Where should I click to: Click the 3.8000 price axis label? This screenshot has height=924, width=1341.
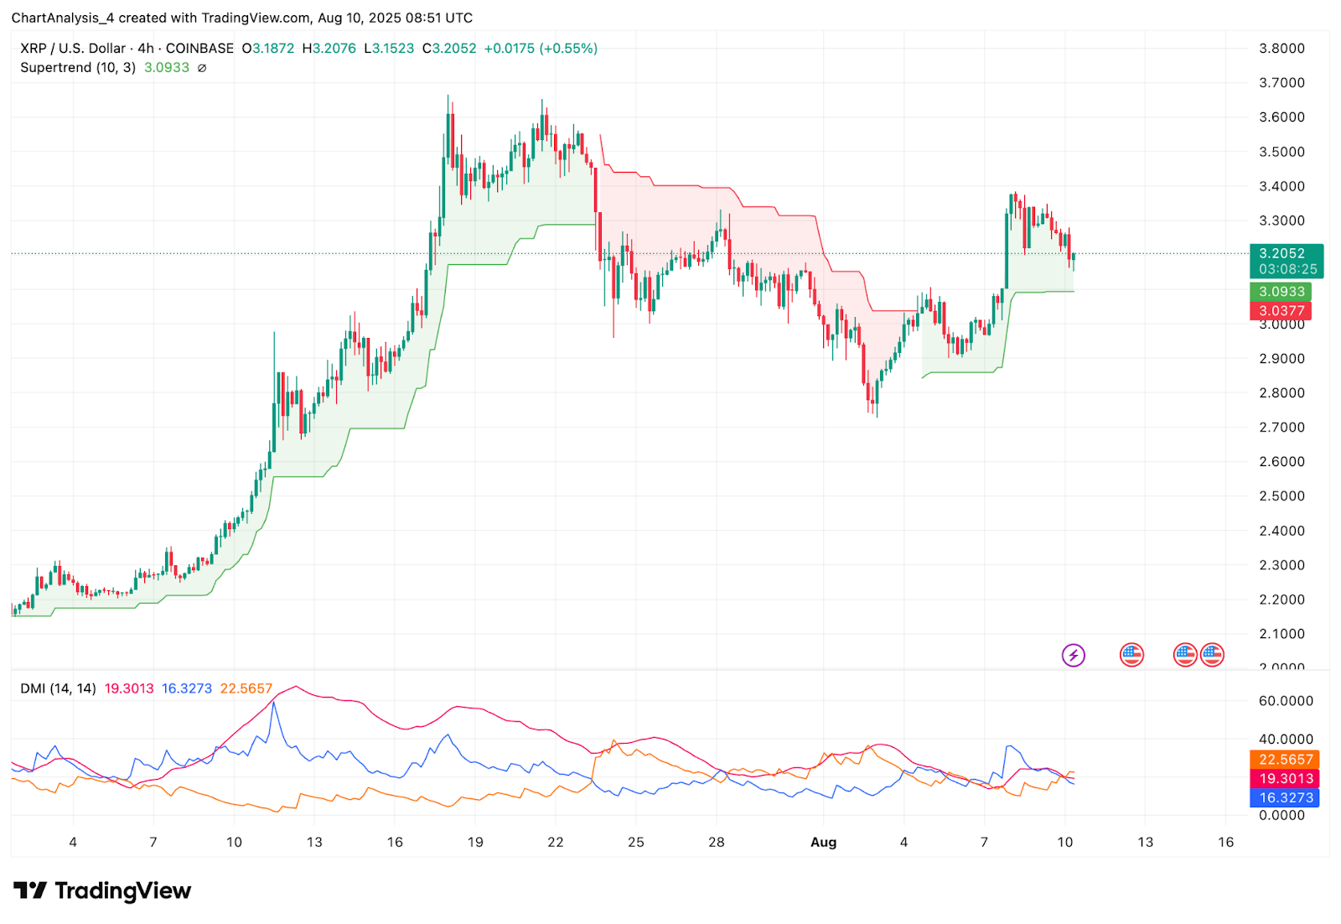[1281, 49]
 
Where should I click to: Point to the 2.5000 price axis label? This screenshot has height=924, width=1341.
[1281, 496]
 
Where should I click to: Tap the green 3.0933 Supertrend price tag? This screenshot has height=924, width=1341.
[1281, 292]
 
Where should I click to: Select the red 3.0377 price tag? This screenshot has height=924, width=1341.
[1281, 311]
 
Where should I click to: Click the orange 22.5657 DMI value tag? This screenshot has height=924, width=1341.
[1286, 760]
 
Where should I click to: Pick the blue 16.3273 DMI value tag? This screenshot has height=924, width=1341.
[1286, 798]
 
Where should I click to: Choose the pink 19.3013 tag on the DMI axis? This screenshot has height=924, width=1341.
[1286, 779]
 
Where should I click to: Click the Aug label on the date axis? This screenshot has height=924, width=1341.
[823, 843]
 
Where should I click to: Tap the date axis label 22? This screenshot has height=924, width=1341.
[556, 843]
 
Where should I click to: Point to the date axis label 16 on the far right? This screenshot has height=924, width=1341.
[1225, 843]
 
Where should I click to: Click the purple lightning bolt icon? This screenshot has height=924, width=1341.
[1074, 655]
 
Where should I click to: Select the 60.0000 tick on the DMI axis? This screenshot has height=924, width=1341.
[1286, 701]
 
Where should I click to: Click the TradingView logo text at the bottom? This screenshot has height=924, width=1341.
[122, 891]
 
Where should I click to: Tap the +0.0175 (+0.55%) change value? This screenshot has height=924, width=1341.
[541, 49]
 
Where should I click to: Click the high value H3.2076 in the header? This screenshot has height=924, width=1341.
[329, 49]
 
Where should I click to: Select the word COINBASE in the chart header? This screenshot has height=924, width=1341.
[199, 49]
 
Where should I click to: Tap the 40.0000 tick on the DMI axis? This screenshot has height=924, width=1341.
[1286, 740]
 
